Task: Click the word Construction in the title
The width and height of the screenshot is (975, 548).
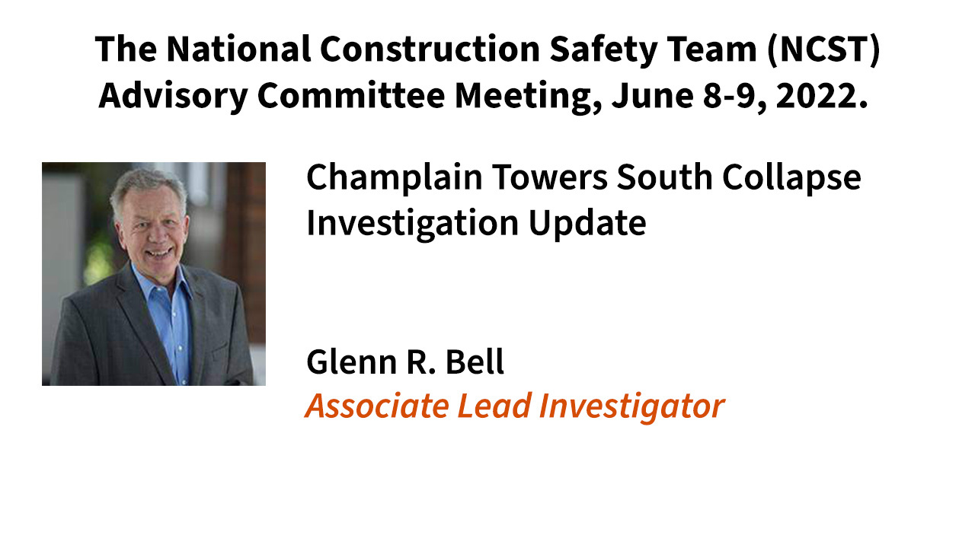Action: pos(430,49)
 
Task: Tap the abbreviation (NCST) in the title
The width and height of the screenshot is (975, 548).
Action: pos(823,50)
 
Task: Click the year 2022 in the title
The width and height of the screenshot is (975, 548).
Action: pos(822,96)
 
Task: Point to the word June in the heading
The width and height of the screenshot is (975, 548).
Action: pos(653,96)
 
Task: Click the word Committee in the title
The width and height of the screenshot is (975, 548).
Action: pos(351,96)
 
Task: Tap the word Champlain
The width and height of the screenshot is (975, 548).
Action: pos(395,178)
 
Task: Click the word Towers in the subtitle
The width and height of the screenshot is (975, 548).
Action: pos(550,177)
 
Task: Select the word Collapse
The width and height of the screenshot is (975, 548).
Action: pos(791,178)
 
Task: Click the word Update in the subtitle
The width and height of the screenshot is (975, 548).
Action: pos(587,225)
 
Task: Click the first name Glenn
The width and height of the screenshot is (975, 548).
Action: pos(351,362)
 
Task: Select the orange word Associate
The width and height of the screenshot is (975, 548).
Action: pos(377,406)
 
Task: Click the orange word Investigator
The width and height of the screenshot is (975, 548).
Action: pos(631,407)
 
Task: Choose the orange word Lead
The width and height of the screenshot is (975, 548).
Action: pos(494,406)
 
